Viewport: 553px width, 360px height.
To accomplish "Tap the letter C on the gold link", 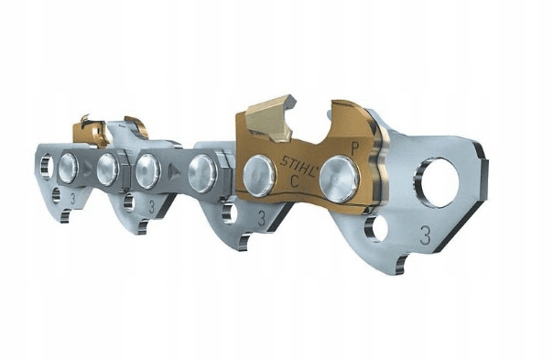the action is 295,181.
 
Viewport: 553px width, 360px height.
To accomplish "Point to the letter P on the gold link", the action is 354,148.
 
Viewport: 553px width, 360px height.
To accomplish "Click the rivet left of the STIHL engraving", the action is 260,177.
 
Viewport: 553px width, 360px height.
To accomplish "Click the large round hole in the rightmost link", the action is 438,182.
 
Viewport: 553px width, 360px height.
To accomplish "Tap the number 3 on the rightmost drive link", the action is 426,235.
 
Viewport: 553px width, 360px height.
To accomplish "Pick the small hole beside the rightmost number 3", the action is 376,228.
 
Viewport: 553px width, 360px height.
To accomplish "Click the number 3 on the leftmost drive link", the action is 72,199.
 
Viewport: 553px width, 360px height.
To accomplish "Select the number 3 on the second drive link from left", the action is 152,206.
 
